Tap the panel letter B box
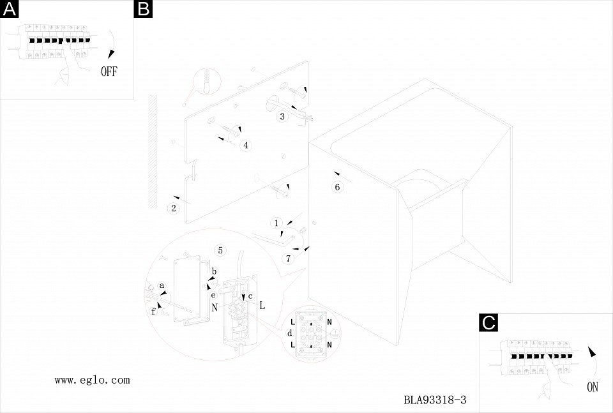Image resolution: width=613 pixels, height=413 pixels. (x=142, y=9)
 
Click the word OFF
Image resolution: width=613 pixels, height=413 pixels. (x=109, y=71)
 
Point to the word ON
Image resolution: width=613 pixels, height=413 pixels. (x=593, y=386)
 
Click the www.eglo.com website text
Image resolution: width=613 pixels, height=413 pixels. (x=92, y=380)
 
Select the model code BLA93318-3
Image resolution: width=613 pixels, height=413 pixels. (x=435, y=401)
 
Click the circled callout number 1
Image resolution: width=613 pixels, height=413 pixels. (x=276, y=223)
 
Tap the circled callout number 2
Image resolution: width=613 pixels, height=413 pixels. (x=173, y=208)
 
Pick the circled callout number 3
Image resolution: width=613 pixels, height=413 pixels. (x=282, y=117)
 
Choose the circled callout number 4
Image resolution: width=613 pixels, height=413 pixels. (x=246, y=146)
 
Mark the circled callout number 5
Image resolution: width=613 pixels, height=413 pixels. (x=220, y=250)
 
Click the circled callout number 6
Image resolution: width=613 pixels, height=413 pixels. (x=338, y=187)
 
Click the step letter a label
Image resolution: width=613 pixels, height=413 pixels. (x=162, y=285)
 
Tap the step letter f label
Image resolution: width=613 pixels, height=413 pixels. (x=153, y=311)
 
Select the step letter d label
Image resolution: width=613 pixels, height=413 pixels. (x=289, y=333)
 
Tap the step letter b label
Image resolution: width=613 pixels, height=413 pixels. (x=215, y=272)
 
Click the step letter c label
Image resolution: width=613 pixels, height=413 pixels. (x=250, y=296)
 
